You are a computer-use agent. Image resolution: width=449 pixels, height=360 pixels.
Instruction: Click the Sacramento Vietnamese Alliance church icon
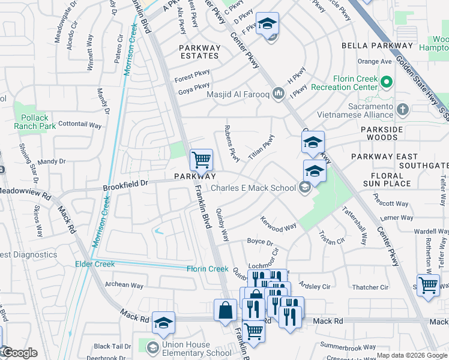tap(403, 110)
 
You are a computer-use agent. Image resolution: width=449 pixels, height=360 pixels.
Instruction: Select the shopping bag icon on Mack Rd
tap(226, 310)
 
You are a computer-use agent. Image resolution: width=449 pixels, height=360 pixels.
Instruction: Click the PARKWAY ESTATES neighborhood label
tap(199, 50)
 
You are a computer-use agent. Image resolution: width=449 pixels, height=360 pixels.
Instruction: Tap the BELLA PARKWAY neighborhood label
tap(377, 46)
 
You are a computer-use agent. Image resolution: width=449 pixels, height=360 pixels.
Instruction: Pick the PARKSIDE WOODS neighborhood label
tap(387, 133)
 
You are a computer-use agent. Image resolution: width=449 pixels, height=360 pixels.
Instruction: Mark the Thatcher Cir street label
tap(372, 287)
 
